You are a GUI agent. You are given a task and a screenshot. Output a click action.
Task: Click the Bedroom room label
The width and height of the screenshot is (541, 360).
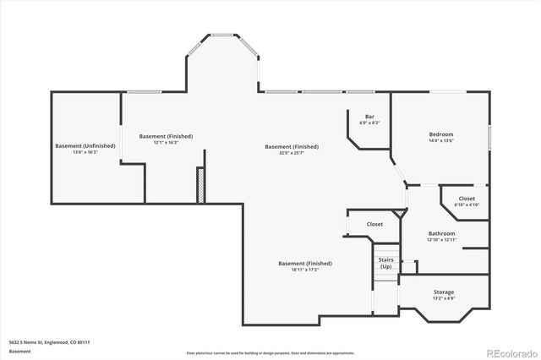[440, 134]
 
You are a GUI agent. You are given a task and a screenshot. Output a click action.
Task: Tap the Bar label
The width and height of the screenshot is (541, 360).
[369, 117]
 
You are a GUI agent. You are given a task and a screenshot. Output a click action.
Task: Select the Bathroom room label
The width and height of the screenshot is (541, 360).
[441, 233]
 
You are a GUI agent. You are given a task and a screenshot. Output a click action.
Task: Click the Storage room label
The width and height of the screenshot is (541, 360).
[444, 292]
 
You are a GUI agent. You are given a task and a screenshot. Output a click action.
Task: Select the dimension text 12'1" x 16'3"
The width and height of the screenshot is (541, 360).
[166, 143]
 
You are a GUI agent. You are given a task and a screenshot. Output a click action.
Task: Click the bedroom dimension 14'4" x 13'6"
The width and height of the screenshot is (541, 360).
[440, 141]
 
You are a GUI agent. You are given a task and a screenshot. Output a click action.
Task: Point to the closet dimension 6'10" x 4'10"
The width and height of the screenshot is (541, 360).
[467, 205]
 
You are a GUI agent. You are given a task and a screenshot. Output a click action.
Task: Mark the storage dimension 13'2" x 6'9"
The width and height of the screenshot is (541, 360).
[444, 298]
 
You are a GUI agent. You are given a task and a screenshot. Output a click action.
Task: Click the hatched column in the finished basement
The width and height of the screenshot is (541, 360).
[200, 185]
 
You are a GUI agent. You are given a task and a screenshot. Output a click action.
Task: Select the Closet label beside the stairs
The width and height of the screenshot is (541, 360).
[374, 224]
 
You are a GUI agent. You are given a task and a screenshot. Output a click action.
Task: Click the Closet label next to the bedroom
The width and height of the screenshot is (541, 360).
[467, 199]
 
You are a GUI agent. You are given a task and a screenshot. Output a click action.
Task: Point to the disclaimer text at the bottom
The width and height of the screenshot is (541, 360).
[270, 352]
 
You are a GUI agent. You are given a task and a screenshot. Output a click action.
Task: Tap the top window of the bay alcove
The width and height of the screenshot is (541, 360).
[224, 35]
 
